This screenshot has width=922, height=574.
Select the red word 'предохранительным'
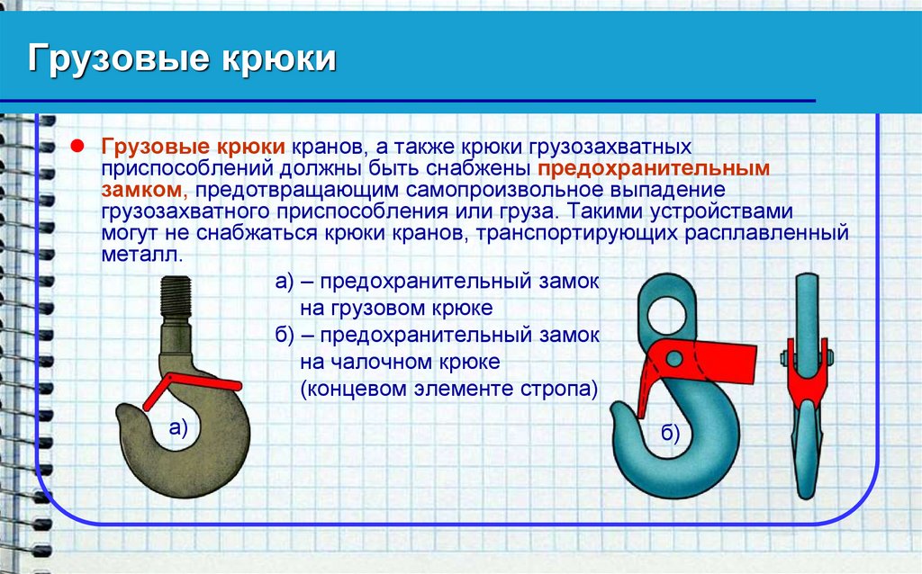pos(654,168)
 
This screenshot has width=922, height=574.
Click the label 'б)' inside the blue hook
pos(670,435)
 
